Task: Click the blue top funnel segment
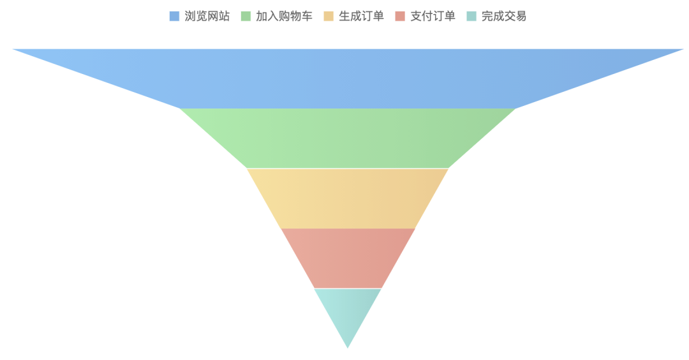(348, 78)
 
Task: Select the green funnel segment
(348, 138)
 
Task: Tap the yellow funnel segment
(348, 198)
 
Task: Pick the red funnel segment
(348, 258)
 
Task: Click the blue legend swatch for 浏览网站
(174, 16)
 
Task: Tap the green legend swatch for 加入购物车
(246, 16)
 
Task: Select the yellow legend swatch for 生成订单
(329, 16)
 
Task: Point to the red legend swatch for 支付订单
(400, 16)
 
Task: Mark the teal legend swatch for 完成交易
(471, 16)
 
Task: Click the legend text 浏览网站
(207, 16)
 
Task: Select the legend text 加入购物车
(284, 16)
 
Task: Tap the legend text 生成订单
(361, 16)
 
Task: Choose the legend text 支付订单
(433, 16)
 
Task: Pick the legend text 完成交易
(504, 16)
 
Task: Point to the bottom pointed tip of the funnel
(348, 347)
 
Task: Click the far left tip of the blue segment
(14, 50)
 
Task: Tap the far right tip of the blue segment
(682, 50)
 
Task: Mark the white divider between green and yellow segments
(348, 169)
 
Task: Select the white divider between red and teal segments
(348, 289)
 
